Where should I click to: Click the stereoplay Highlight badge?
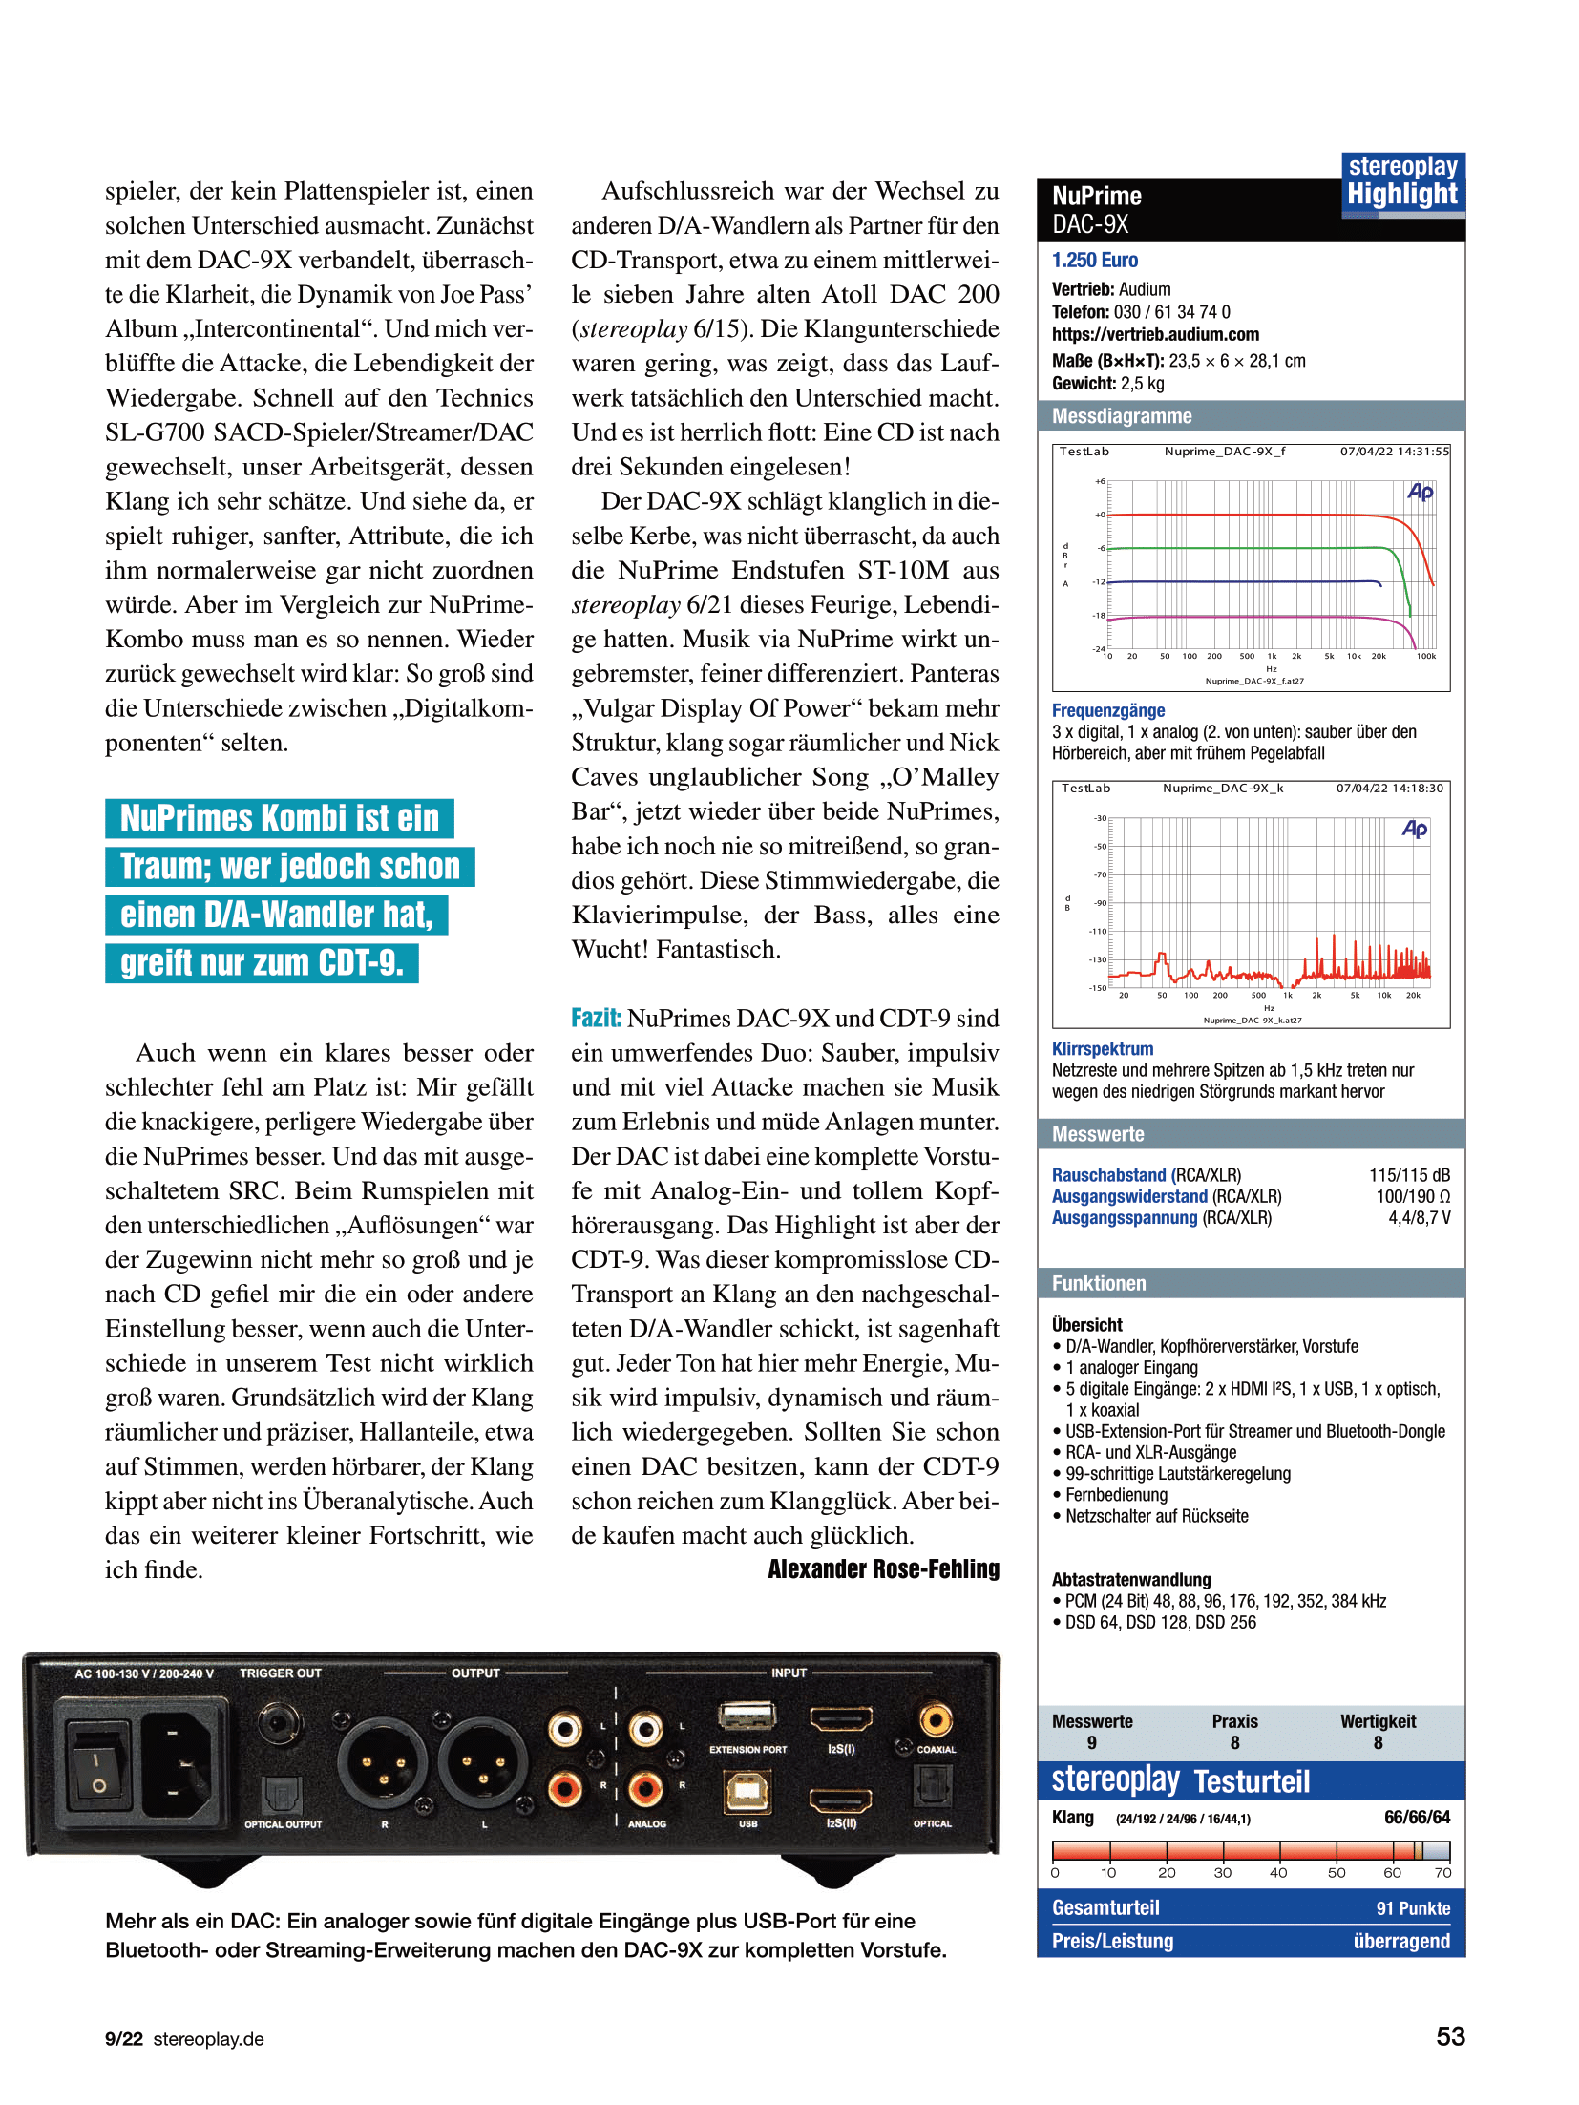pos(1401,182)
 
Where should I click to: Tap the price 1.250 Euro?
pos(1094,261)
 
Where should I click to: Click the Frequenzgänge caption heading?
pos(1107,710)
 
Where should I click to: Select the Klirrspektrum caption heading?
pos(1102,1049)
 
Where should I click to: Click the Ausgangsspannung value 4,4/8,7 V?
pos(1419,1218)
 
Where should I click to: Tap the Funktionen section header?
pos(1098,1284)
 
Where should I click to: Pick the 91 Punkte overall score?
pos(1412,1908)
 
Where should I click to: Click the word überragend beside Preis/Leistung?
pos(1400,1941)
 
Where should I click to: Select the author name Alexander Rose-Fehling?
pos(883,1569)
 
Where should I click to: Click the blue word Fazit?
pos(596,1019)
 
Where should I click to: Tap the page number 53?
pos(1449,2036)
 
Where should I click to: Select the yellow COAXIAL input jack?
pos(935,1720)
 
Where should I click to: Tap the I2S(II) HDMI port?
pos(840,1800)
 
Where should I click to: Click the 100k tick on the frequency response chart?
pos(1425,657)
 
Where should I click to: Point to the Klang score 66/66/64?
pos(1417,1818)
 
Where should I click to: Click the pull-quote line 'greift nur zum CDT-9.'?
pos(262,963)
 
